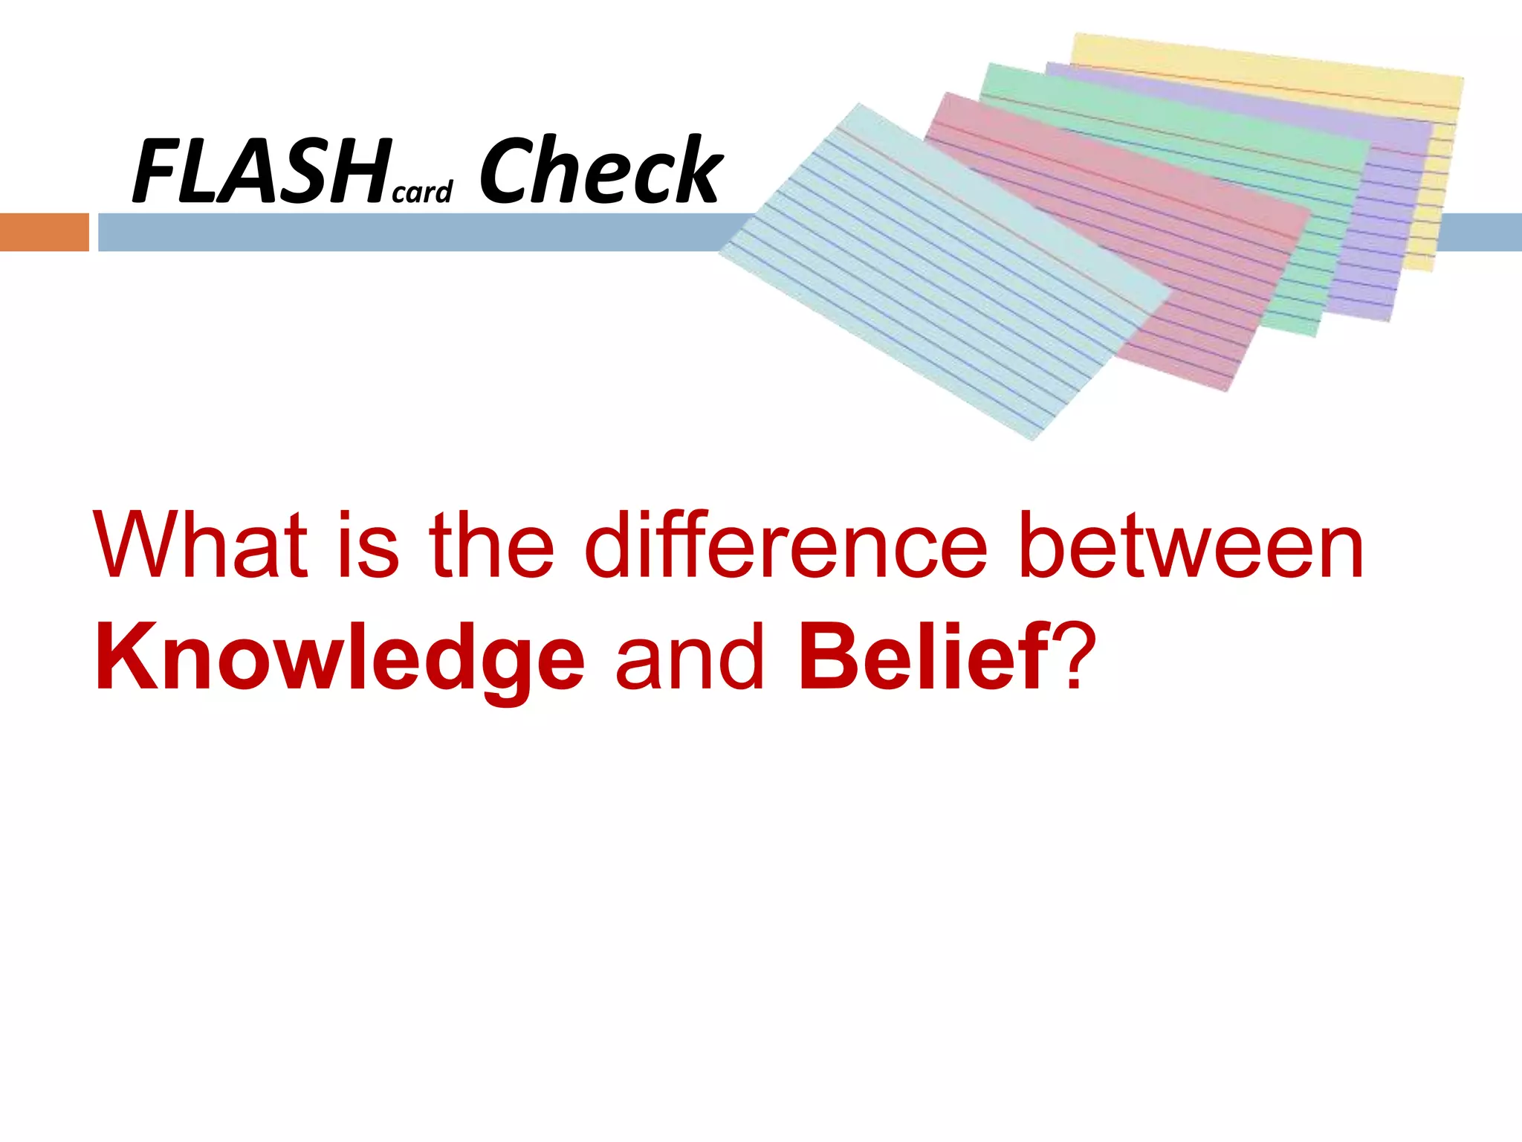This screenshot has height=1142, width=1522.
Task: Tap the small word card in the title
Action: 422,193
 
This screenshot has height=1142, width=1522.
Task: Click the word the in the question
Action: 491,546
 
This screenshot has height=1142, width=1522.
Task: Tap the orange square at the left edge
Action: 44,232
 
